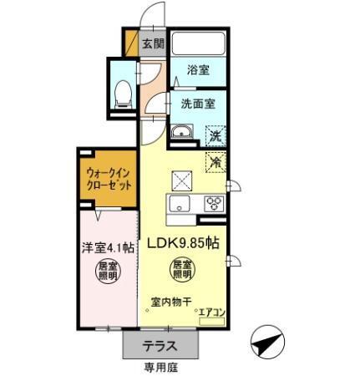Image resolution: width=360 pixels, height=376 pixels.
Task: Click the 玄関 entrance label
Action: coord(153,43)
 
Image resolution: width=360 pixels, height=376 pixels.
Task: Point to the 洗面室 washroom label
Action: coord(198,104)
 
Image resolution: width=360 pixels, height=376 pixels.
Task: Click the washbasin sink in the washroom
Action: coord(181,132)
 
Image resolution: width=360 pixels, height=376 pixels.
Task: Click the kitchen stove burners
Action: coord(212,203)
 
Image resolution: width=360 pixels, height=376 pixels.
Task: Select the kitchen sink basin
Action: coord(180,205)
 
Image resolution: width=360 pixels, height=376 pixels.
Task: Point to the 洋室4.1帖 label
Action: coord(108,247)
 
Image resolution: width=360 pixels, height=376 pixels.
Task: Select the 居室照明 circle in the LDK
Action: coord(182,270)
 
